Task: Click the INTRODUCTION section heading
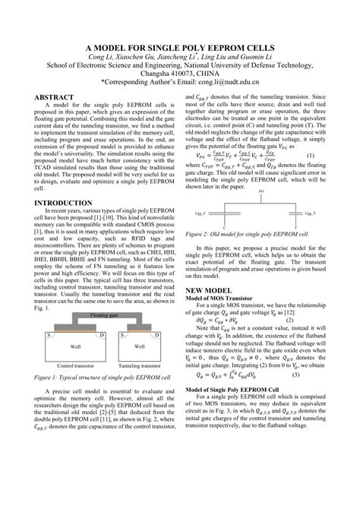pyautogui.click(x=58, y=204)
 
